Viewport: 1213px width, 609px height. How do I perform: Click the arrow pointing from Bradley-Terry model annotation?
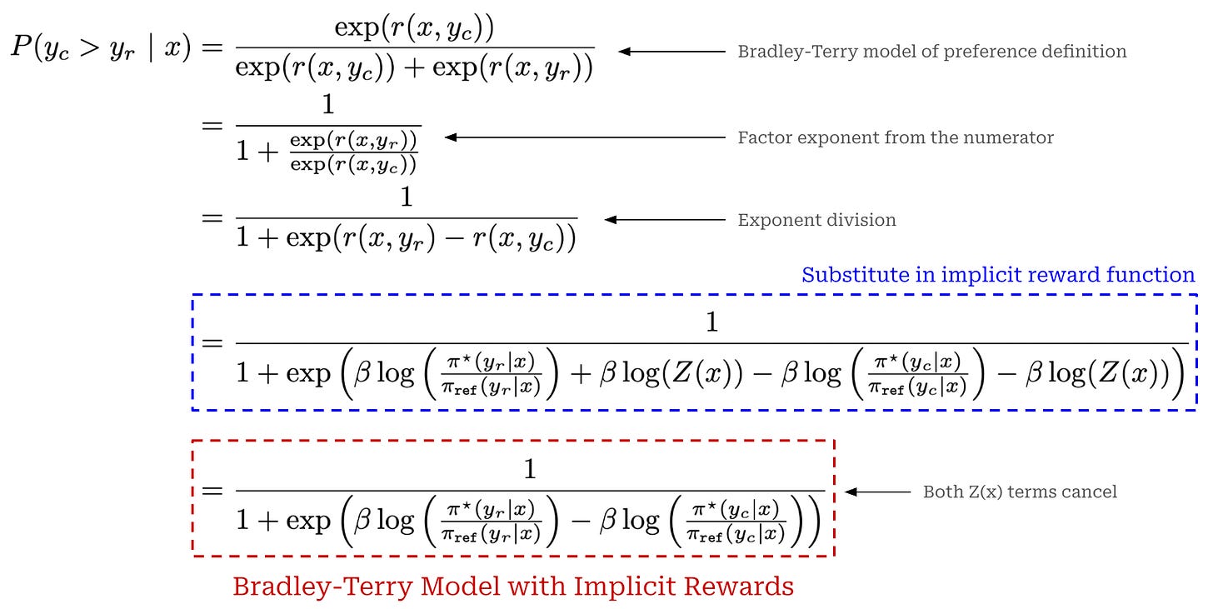tap(671, 52)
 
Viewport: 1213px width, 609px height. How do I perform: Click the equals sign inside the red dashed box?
tap(213, 492)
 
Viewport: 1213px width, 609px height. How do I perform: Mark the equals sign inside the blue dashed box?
tap(213, 343)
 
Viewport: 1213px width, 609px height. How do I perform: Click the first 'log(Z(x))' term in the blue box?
tap(666, 372)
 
